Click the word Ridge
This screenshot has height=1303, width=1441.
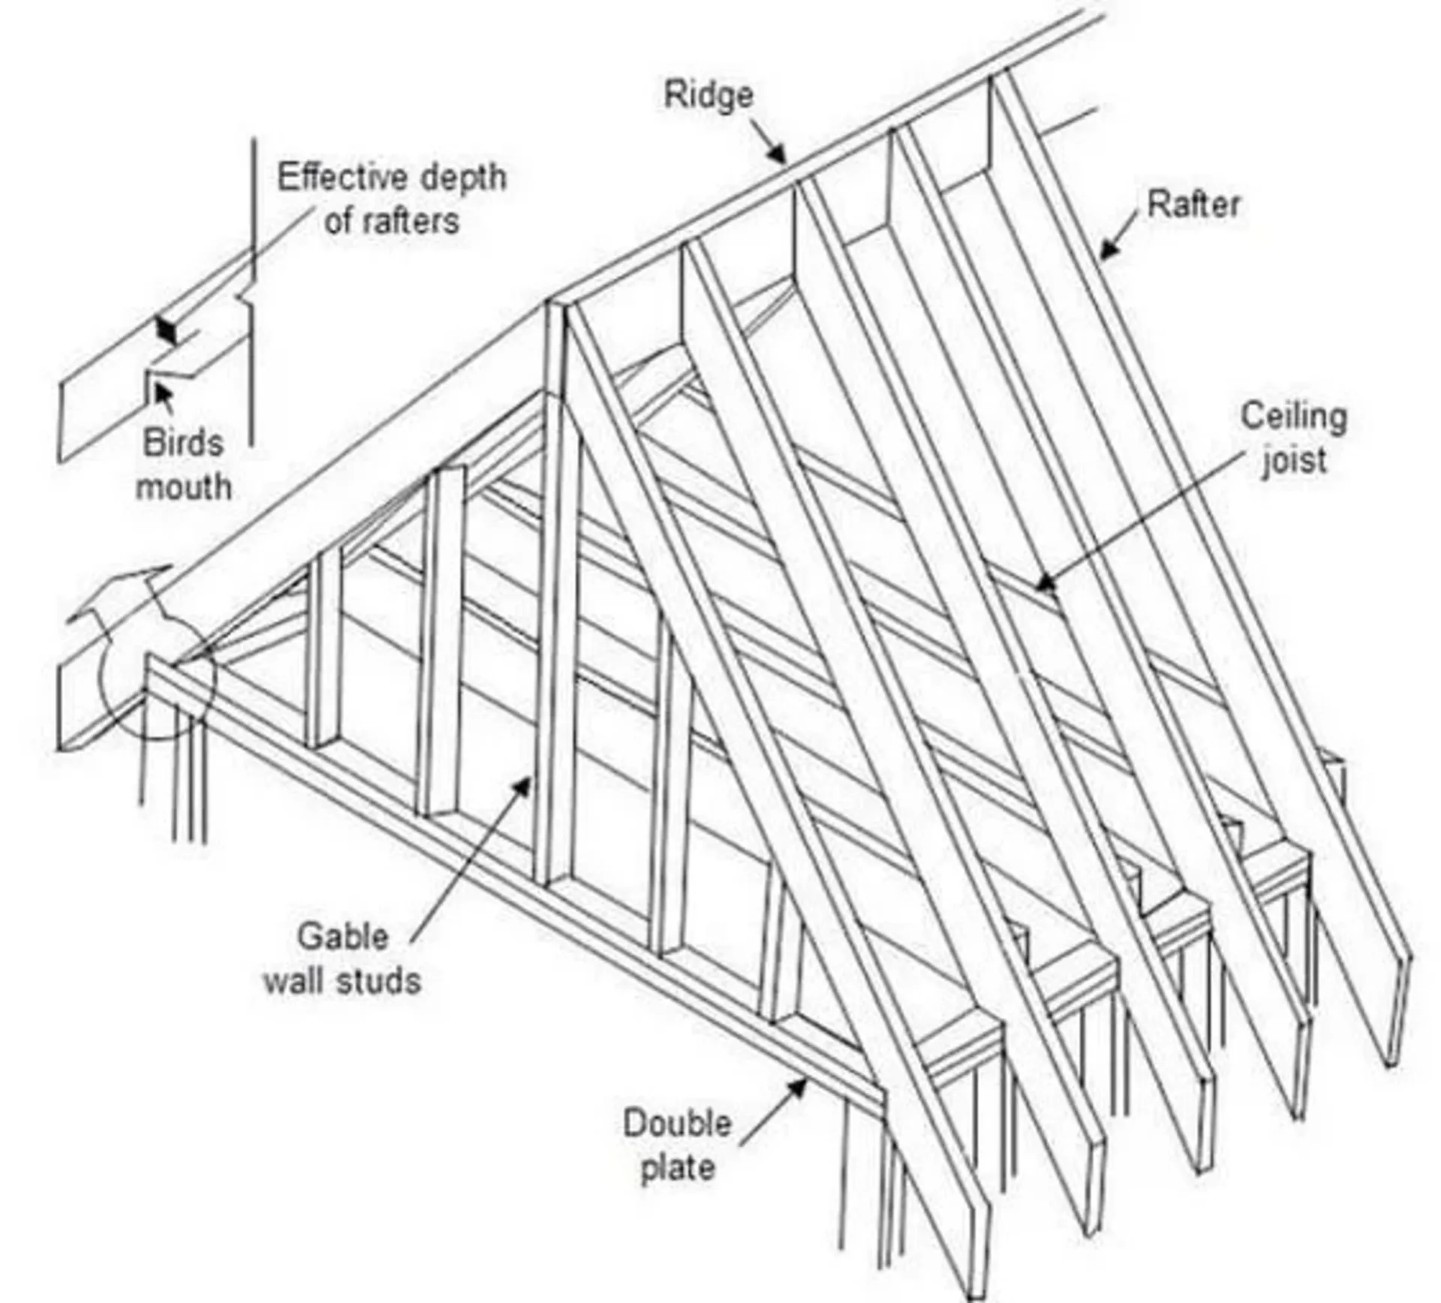coord(708,96)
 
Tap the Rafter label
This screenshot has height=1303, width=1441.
coord(1193,205)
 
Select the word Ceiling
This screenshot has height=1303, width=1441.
coord(1293,417)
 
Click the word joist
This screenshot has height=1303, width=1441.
coord(1295,460)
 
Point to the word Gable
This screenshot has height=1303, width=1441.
coord(342,937)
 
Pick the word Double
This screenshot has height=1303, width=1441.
coord(677,1124)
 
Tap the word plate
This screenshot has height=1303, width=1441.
coord(678,1168)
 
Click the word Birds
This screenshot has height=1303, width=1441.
coord(183,443)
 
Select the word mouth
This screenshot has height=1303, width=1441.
coord(183,487)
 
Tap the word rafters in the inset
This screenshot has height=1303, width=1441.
coord(411,221)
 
